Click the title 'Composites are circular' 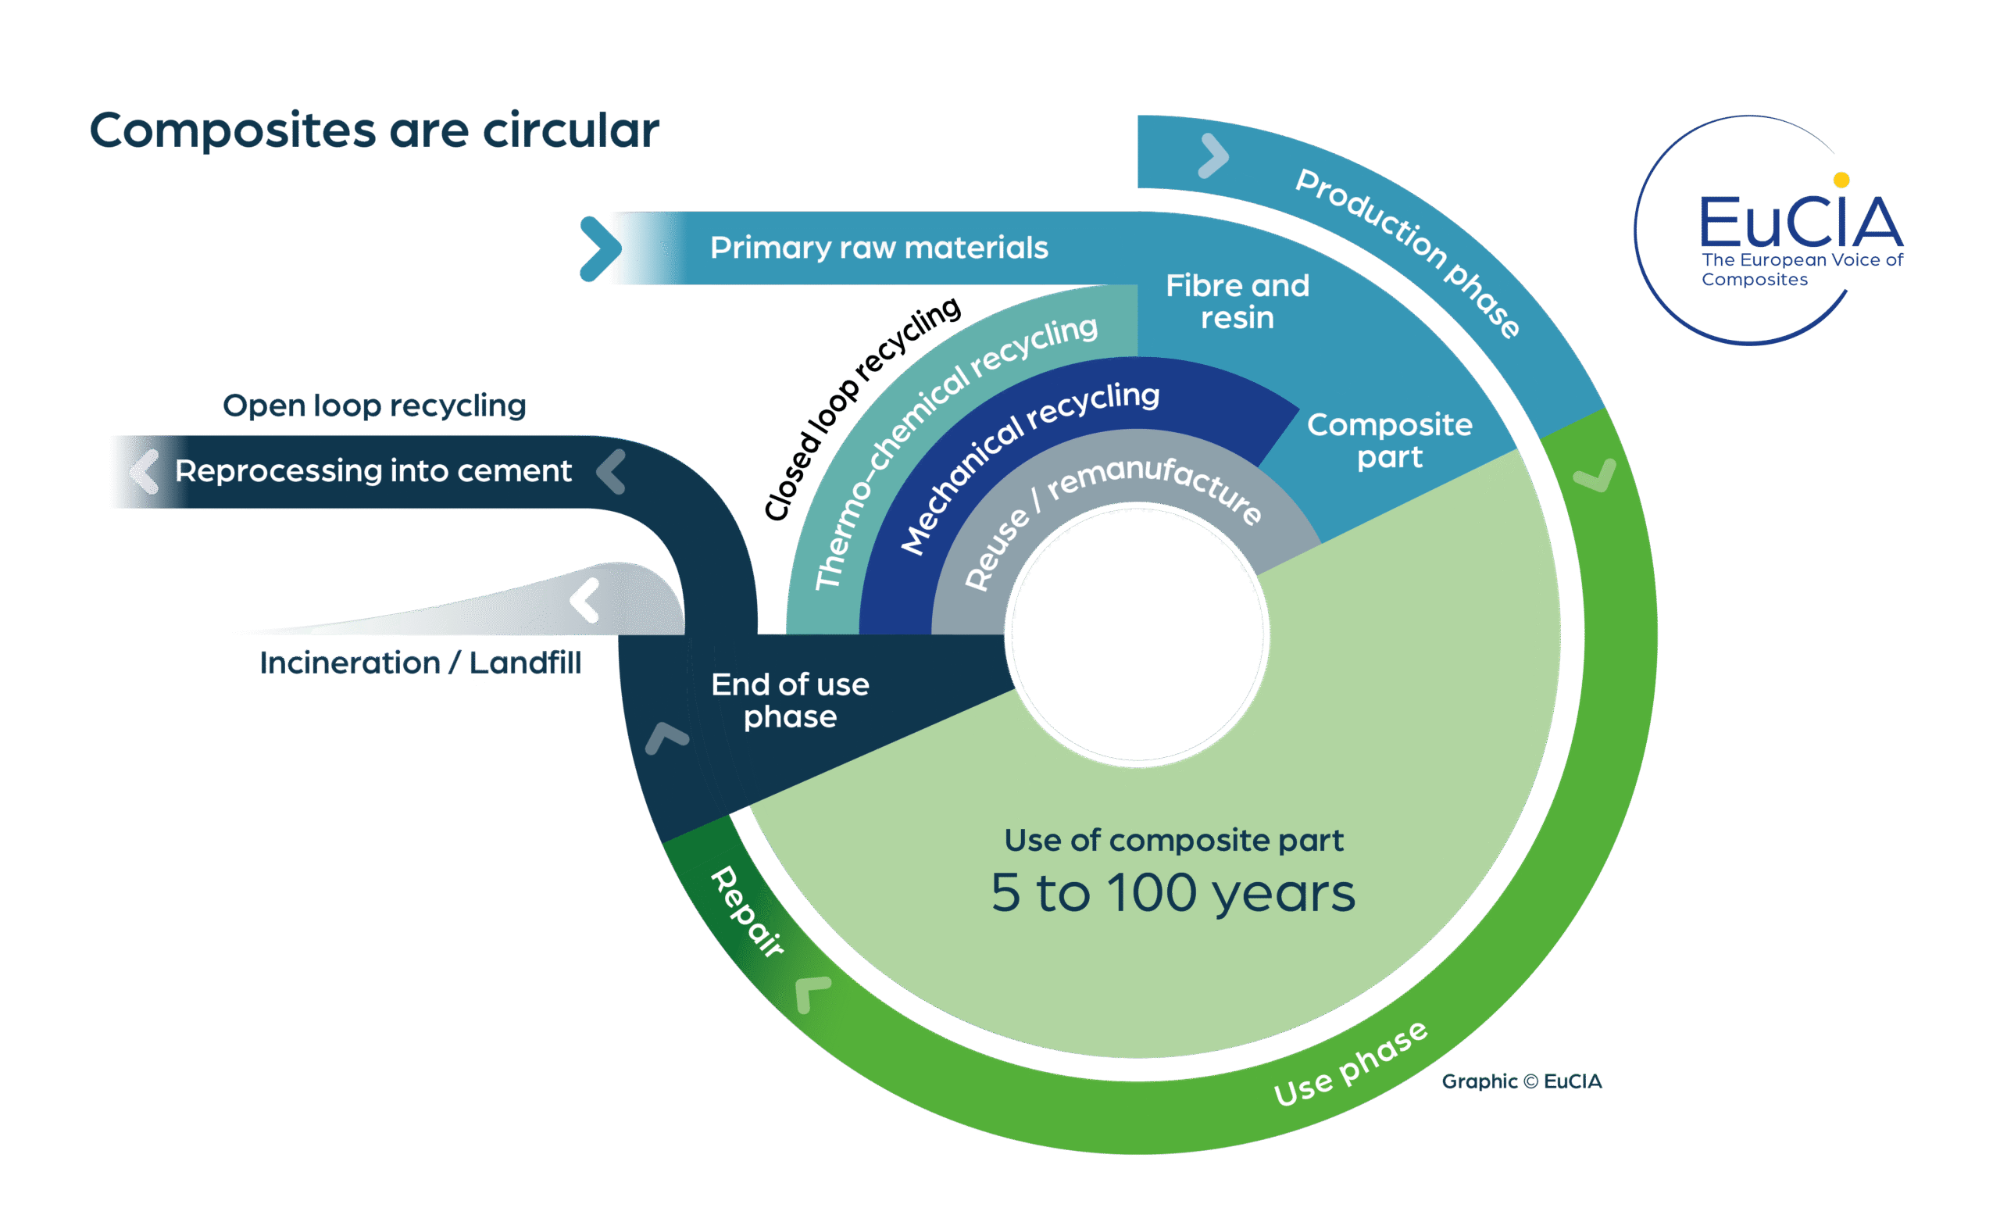[x=374, y=130]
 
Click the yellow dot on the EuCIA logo [x=1841, y=180]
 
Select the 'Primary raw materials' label [x=879, y=248]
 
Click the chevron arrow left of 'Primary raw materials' [x=601, y=248]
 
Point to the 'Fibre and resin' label [x=1237, y=302]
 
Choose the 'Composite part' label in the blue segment [x=1390, y=440]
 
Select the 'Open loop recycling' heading [x=374, y=406]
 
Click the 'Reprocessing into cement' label [x=373, y=471]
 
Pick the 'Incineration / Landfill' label [x=420, y=663]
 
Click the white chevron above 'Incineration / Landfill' [x=584, y=600]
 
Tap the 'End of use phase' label [x=790, y=700]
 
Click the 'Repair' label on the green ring [x=748, y=911]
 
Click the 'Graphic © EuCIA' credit [x=1521, y=1081]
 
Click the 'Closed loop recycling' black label [x=860, y=408]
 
